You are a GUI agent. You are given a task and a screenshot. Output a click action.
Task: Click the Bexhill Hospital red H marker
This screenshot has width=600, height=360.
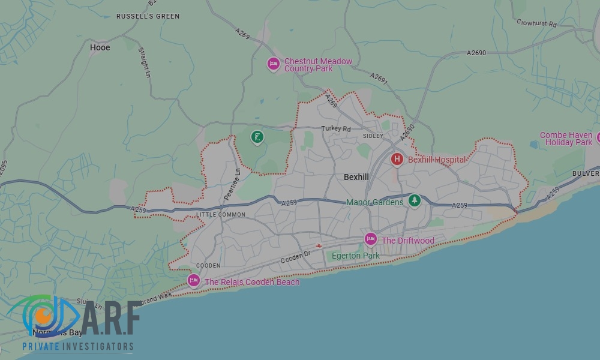coord(397,159)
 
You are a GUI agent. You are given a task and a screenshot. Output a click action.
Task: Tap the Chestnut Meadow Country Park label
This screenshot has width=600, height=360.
coord(318,65)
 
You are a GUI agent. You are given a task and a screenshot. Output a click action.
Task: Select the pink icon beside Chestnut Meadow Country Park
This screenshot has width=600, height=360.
coord(274,64)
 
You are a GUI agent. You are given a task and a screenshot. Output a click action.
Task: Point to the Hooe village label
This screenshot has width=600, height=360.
coord(100,47)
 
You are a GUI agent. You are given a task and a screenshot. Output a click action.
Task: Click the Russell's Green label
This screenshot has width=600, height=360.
coord(148,16)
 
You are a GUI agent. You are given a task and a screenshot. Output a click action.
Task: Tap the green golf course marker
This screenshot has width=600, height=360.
coord(257,138)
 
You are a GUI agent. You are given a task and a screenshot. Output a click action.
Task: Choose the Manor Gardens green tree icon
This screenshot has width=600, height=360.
coord(413,201)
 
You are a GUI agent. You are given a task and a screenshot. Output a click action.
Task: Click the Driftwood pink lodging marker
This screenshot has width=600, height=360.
coord(371,239)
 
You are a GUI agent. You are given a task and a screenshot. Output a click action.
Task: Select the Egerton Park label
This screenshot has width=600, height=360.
coord(356,256)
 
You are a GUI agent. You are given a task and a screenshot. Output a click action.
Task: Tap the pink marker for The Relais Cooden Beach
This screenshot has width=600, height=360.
coord(193,280)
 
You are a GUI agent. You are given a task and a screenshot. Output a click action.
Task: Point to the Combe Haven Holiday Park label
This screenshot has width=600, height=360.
coord(566,139)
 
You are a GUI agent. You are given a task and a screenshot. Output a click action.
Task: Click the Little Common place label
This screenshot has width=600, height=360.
coord(220,214)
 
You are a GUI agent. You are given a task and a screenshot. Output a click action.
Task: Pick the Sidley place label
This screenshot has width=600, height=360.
coord(373,136)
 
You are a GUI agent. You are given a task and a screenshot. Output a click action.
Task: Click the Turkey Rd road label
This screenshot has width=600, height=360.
coord(336,128)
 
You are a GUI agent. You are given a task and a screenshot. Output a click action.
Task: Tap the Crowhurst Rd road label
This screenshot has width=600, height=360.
coord(536,23)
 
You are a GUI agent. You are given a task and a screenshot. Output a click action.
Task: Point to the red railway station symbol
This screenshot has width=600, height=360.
coord(319,245)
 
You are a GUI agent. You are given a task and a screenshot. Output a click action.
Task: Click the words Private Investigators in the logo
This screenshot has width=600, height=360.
coord(78,346)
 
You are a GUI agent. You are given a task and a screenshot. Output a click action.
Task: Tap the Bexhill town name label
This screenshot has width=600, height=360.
coord(356,178)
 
